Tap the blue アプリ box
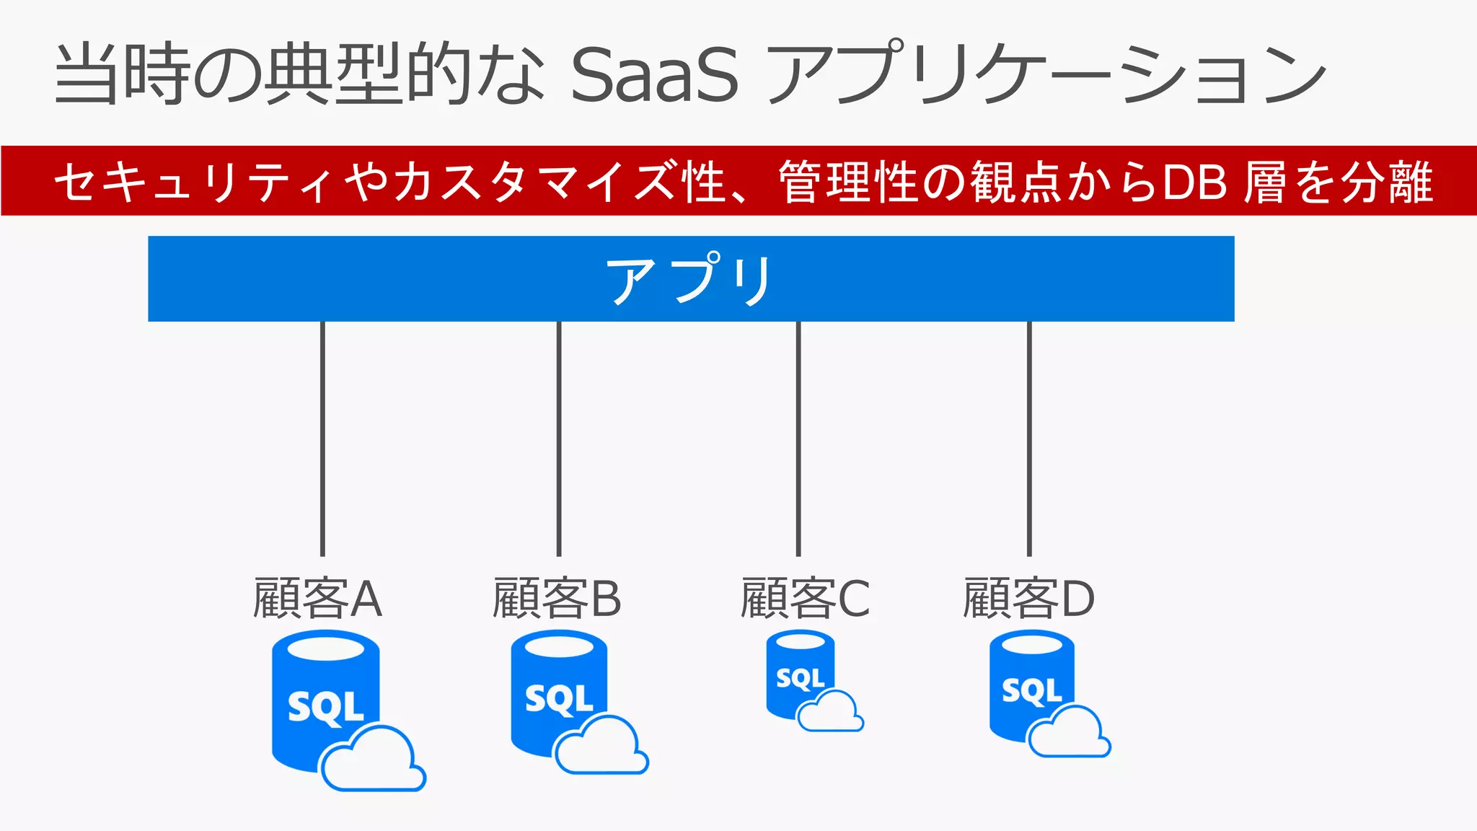690,278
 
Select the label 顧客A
317,599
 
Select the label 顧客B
556,599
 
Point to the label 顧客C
805,599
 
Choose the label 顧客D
1028,599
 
